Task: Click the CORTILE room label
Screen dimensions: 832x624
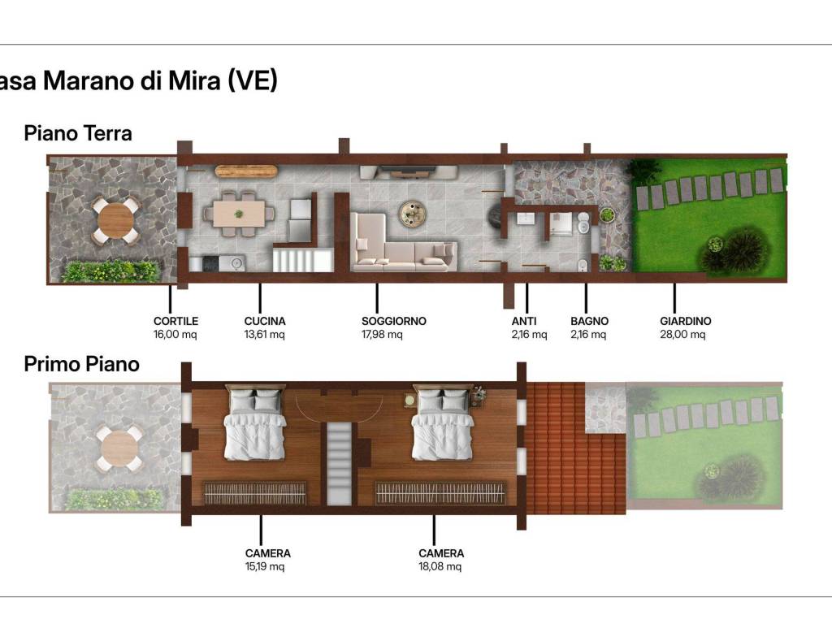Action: tap(175, 321)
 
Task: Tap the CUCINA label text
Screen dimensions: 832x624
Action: tap(265, 321)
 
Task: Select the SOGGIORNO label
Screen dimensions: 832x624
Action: tap(394, 321)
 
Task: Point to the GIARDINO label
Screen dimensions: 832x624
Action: tap(686, 321)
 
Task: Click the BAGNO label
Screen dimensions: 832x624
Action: tap(590, 321)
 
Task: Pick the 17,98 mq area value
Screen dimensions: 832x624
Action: tap(382, 334)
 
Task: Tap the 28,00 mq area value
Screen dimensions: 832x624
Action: tap(682, 334)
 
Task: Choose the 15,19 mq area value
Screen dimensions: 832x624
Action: tap(264, 566)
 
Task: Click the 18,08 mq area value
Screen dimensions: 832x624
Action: tap(440, 566)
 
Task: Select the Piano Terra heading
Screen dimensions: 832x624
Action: tap(78, 133)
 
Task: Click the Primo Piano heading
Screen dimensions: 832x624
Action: tap(82, 364)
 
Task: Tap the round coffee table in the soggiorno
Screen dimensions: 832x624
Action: tap(412, 214)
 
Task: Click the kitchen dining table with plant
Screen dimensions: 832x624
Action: tap(239, 214)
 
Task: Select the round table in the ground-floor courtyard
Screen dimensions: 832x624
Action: tap(115, 220)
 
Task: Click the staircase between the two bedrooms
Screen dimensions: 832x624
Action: tap(339, 463)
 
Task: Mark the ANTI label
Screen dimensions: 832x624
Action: tap(524, 321)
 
